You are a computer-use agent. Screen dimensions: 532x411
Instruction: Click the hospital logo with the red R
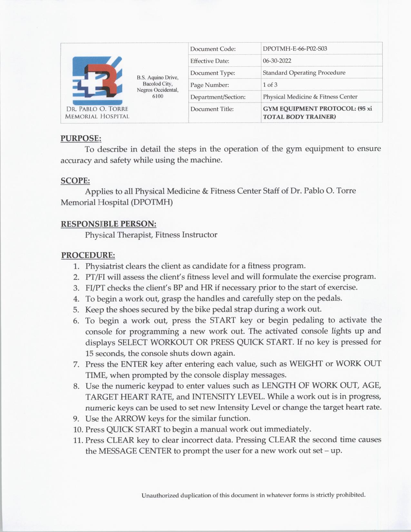[97, 80]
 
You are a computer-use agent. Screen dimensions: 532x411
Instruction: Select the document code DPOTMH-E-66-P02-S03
[295, 49]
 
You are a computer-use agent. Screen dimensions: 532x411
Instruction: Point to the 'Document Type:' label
[212, 73]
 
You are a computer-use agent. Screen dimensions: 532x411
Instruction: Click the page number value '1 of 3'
[270, 85]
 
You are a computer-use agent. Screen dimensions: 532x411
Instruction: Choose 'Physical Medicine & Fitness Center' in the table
[310, 97]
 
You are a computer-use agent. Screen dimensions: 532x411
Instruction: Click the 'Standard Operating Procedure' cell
[304, 73]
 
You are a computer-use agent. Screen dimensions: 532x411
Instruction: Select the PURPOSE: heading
[81, 138]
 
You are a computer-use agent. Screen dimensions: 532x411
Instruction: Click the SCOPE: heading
[75, 181]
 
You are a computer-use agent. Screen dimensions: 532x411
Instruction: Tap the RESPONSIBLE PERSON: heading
[108, 224]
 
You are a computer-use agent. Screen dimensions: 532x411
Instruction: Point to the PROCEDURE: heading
[88, 255]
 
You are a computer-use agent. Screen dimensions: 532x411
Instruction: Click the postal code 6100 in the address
[158, 96]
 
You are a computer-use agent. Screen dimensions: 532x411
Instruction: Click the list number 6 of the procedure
[76, 321]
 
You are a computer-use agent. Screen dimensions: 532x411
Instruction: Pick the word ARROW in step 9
[130, 419]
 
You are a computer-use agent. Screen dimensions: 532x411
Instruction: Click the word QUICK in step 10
[120, 429]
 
